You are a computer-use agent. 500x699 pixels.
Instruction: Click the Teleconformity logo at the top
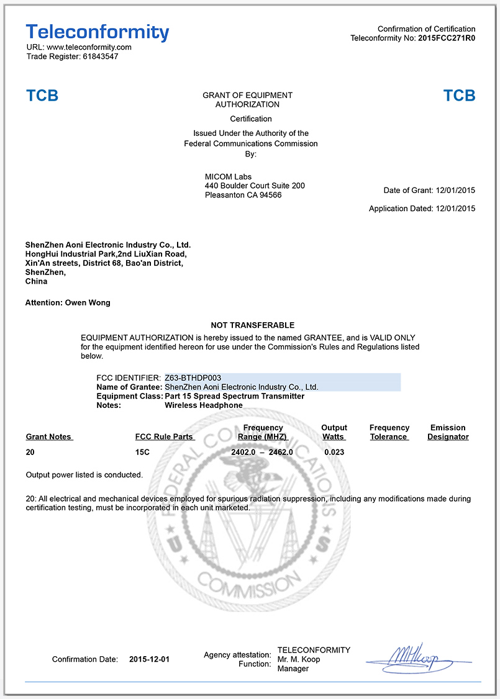pyautogui.click(x=98, y=32)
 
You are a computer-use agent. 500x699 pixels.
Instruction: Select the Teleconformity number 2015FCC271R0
pyautogui.click(x=447, y=38)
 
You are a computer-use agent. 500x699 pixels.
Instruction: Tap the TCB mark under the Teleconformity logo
pyautogui.click(x=42, y=96)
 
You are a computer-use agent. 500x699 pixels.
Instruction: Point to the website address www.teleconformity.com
pyautogui.click(x=89, y=47)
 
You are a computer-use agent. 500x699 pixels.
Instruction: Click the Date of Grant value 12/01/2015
pyautogui.click(x=455, y=191)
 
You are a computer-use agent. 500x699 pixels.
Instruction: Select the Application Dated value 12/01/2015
pyautogui.click(x=455, y=209)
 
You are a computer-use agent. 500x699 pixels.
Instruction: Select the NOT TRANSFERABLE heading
pyautogui.click(x=252, y=325)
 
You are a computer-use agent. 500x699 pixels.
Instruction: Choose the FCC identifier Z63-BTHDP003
pyautogui.click(x=193, y=377)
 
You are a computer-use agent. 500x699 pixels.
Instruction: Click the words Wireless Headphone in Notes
pyautogui.click(x=204, y=405)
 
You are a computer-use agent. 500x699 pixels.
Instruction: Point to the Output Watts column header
pyautogui.click(x=334, y=432)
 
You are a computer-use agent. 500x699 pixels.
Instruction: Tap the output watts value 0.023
pyautogui.click(x=334, y=453)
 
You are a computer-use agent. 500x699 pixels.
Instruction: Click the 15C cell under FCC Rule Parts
pyautogui.click(x=142, y=453)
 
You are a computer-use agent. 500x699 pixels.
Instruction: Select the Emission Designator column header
pyautogui.click(x=448, y=432)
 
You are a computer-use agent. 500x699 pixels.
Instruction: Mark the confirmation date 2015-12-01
pyautogui.click(x=149, y=659)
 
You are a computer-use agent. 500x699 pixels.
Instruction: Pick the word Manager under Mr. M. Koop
pyautogui.click(x=293, y=669)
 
